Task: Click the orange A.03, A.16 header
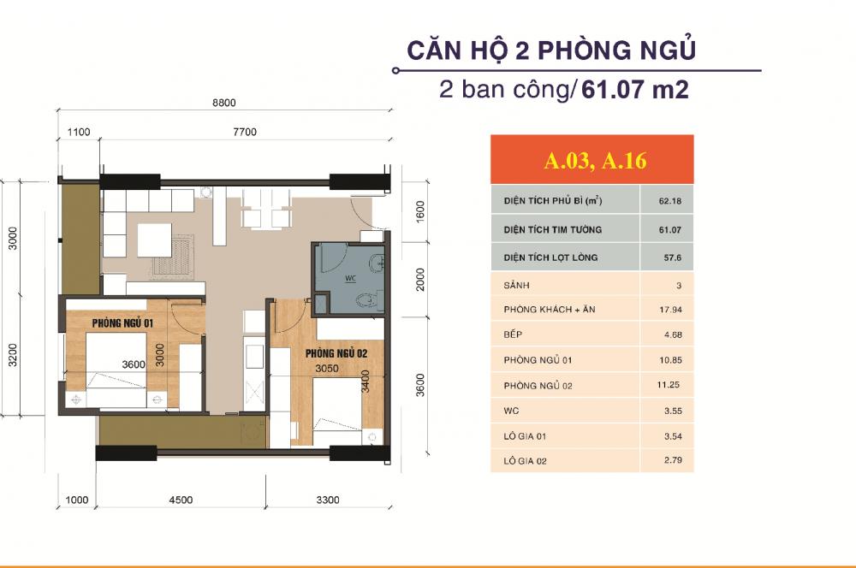click(591, 160)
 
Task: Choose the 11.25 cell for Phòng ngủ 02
click(665, 386)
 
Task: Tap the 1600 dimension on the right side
click(419, 211)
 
